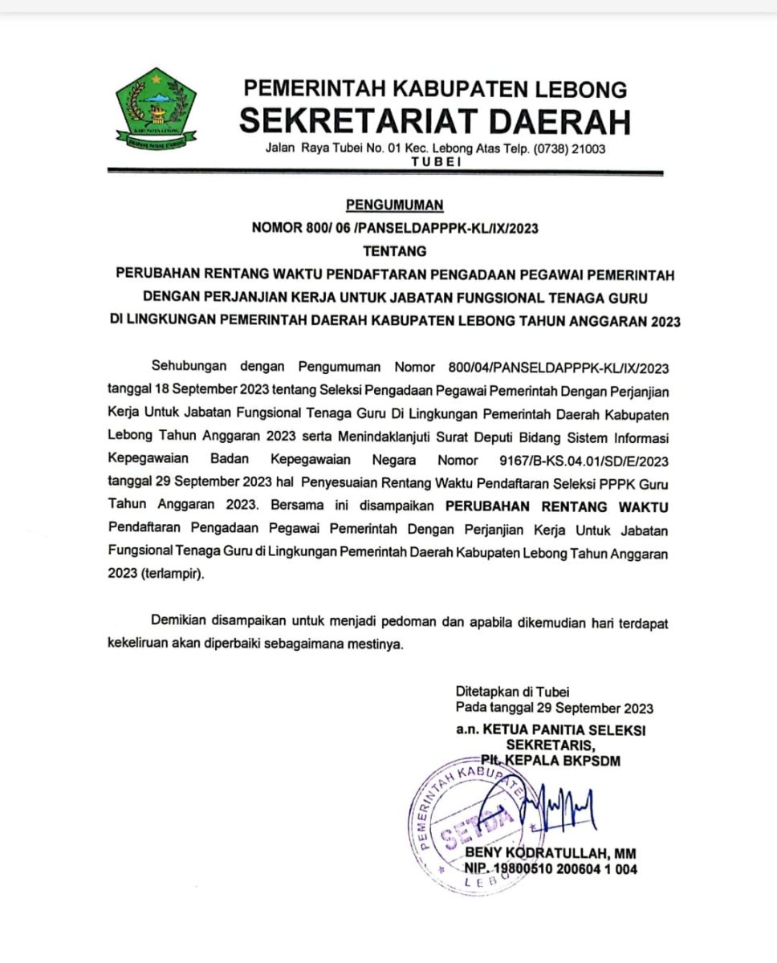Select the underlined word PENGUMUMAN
pos(394,205)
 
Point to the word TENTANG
pos(394,250)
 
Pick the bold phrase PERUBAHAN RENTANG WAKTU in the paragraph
pos(557,507)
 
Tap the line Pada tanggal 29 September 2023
pos(554,708)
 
